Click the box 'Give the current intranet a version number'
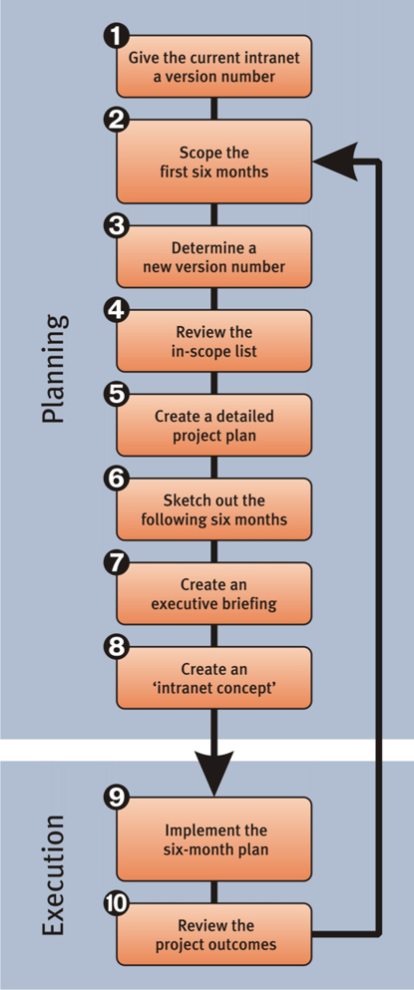[x=213, y=66]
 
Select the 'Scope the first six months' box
[x=213, y=162]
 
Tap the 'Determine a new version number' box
[x=213, y=257]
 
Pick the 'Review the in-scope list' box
[x=213, y=341]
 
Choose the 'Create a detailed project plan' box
[x=213, y=425]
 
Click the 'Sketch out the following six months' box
[x=213, y=509]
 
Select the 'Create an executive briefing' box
[x=213, y=593]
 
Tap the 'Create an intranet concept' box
[x=213, y=678]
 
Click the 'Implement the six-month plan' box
[x=213, y=839]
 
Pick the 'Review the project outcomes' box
[x=213, y=935]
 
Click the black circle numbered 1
[x=116, y=37]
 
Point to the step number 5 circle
[x=116, y=396]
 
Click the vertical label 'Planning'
[x=53, y=368]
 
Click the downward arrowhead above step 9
[x=213, y=771]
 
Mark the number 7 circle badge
[x=116, y=564]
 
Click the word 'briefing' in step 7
[x=251, y=603]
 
